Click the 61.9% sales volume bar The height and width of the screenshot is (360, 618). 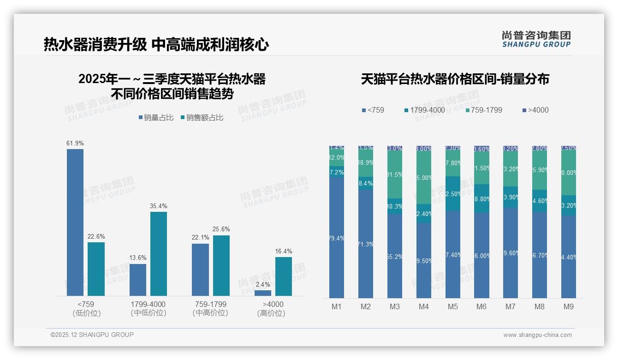pos(75,222)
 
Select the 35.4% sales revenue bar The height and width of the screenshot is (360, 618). pos(159,253)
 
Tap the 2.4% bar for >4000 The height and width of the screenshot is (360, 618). pos(263,293)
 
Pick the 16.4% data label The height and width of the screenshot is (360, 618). pos(284,251)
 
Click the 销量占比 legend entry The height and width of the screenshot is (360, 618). pos(156,118)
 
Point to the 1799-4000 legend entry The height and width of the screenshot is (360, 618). pos(424,110)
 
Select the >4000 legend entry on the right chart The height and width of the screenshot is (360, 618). pos(535,110)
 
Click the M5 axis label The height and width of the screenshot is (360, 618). pos(452,306)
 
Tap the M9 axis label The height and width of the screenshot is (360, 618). pos(568,306)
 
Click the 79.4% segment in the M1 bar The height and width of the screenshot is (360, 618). pos(337,238)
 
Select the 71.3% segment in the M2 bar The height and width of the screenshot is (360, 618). pos(366,244)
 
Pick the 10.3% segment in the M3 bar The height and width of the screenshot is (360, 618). pos(395,206)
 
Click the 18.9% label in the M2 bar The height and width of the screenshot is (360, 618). pos(366,163)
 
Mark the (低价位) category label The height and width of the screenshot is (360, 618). pos(86,313)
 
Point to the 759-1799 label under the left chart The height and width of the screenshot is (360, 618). pos(210,304)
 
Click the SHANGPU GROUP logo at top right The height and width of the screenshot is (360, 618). pos(536,39)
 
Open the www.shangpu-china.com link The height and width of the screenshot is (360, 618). pos(537,335)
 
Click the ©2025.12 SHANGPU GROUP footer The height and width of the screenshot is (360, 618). pos(92,335)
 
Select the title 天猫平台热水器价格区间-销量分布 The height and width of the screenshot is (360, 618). pos(455,79)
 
